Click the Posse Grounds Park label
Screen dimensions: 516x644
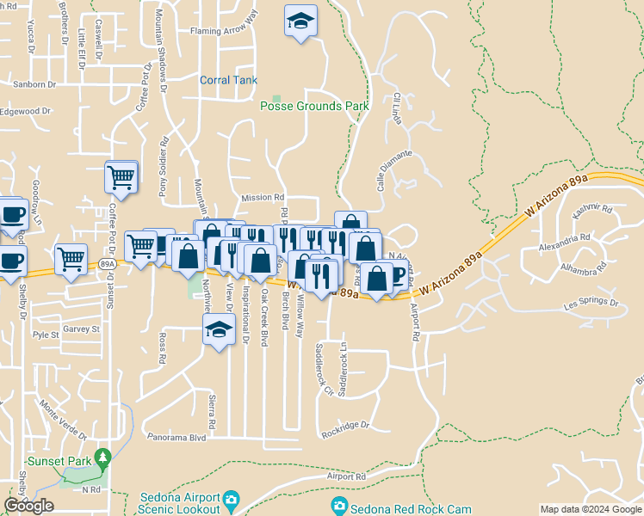tap(314, 106)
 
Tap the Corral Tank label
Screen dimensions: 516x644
tap(228, 80)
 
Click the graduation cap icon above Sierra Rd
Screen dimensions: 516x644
tap(220, 329)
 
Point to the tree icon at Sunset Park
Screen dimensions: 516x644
tap(103, 455)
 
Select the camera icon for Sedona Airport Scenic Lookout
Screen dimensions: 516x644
tap(231, 499)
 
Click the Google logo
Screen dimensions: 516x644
tap(28, 506)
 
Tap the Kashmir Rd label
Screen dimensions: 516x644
tap(595, 209)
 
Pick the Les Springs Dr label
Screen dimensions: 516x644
tap(591, 304)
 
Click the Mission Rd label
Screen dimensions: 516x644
tap(263, 198)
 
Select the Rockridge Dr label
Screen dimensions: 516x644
tap(345, 425)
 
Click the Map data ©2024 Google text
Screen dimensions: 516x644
tap(591, 509)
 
